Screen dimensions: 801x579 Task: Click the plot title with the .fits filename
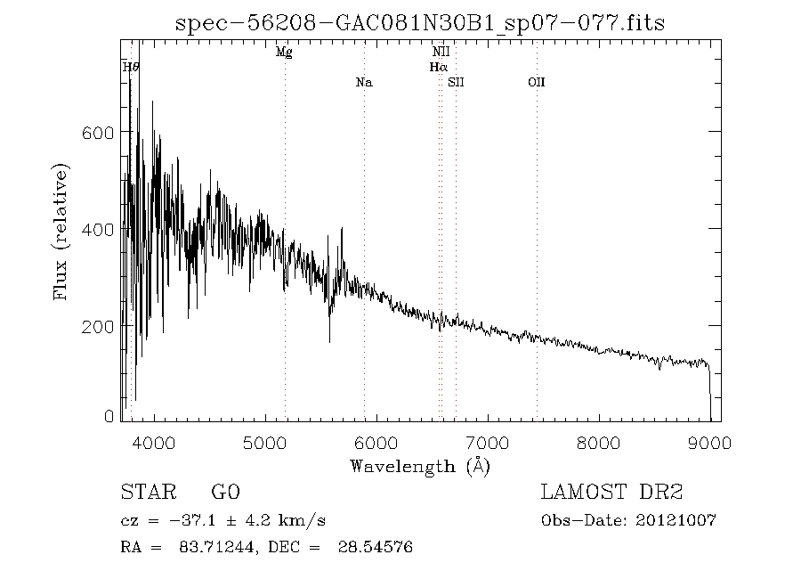pos(420,23)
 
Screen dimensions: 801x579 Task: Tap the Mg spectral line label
pos(284,53)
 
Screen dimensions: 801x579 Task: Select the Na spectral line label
pos(364,82)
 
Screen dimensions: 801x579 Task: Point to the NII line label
pos(441,52)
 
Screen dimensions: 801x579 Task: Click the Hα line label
pos(438,67)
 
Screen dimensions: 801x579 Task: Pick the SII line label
pos(456,82)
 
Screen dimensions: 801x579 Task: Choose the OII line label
pos(537,82)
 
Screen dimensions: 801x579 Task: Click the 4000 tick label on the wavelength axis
pos(154,443)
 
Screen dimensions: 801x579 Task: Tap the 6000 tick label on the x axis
pos(376,443)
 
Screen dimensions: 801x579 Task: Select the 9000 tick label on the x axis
pos(709,443)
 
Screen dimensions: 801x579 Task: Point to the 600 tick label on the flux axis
pos(98,133)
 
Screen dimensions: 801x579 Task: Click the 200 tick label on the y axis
pos(98,326)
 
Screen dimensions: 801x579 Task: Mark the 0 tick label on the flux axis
pos(109,416)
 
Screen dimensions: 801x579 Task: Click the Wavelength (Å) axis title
pos(420,467)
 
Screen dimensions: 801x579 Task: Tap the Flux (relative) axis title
pos(61,232)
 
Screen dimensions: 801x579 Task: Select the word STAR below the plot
pos(149,492)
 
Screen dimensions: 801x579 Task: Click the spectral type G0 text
pos(225,492)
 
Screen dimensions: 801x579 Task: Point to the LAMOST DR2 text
pos(611,492)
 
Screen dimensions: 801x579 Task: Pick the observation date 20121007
pos(676,521)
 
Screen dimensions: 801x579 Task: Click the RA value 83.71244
pos(215,547)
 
